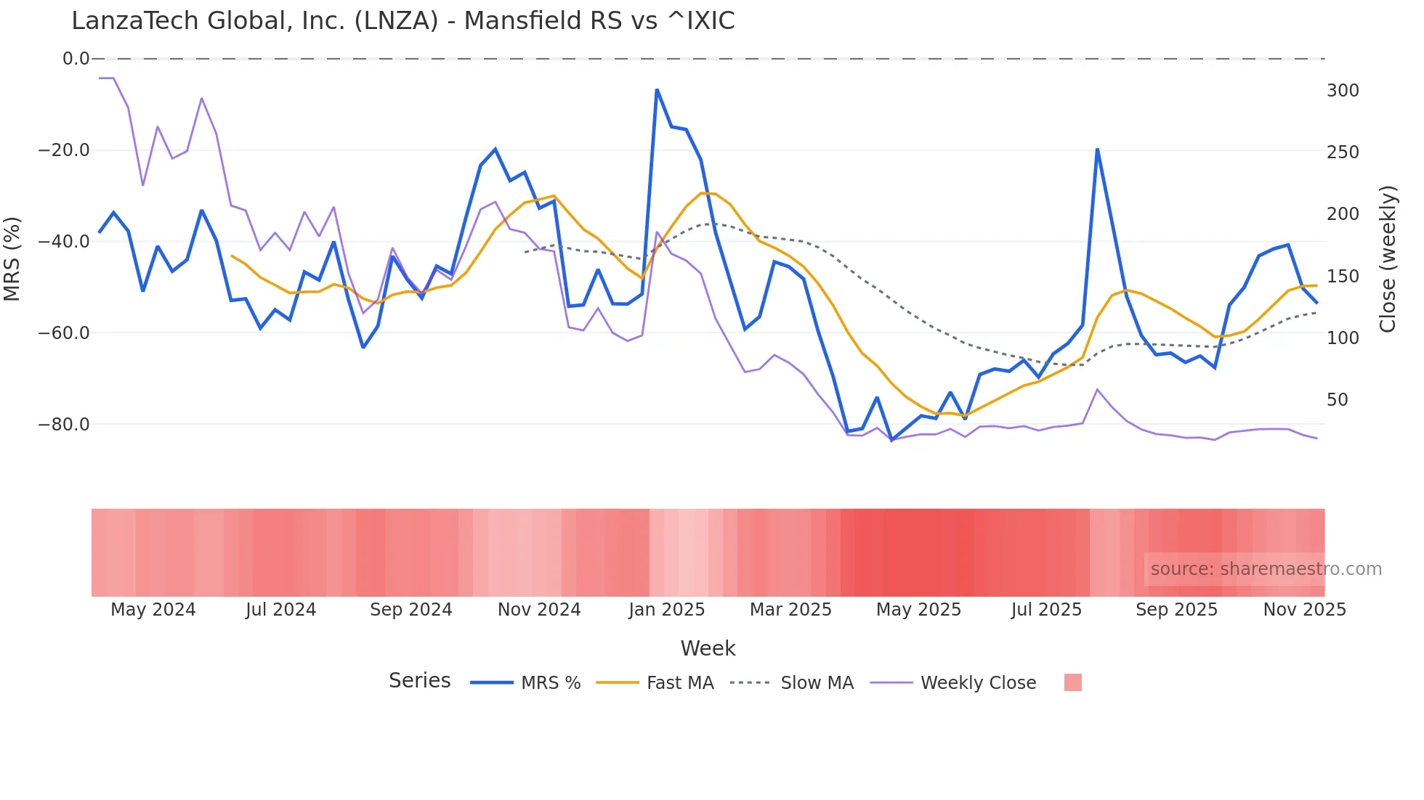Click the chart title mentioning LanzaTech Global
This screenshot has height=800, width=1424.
click(x=402, y=21)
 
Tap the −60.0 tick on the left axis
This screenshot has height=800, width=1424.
click(x=64, y=333)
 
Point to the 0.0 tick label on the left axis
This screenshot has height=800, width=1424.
click(x=76, y=59)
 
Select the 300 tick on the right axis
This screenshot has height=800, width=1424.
click(x=1342, y=91)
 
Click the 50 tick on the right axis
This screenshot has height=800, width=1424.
click(x=1338, y=400)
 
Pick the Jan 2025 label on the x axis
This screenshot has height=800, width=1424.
click(x=666, y=610)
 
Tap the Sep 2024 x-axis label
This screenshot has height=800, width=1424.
click(x=410, y=610)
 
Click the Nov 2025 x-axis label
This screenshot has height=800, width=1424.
click(x=1304, y=610)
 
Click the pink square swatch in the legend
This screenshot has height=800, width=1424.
click(x=1072, y=682)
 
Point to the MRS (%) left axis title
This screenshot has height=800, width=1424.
click(x=12, y=259)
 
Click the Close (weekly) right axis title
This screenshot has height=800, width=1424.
click(x=1387, y=259)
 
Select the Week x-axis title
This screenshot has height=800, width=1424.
click(x=708, y=648)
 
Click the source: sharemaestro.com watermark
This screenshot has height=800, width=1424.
click(x=1266, y=569)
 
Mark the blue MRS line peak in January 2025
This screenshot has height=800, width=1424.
click(x=657, y=90)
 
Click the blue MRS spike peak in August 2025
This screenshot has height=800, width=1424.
click(x=1097, y=149)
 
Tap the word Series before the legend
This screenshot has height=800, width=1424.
click(x=419, y=681)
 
